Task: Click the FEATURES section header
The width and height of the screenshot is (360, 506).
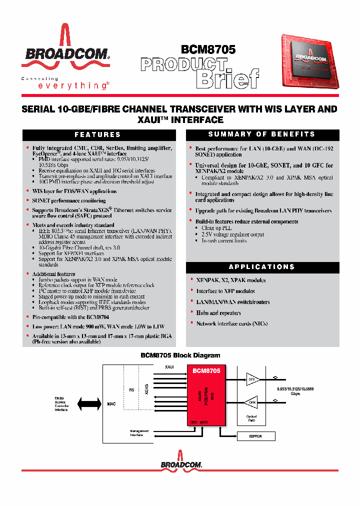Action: (97, 134)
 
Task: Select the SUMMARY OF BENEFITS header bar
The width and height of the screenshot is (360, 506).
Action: (262, 134)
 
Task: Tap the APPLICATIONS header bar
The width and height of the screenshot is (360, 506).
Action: (262, 267)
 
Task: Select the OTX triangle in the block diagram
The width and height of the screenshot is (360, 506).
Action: (251, 379)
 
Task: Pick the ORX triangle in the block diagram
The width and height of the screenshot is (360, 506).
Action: (251, 401)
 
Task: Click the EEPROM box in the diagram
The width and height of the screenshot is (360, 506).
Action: (255, 436)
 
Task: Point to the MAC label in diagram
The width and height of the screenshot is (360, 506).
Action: (111, 403)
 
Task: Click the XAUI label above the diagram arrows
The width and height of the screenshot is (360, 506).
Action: (169, 367)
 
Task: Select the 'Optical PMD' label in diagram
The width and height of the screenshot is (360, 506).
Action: (251, 418)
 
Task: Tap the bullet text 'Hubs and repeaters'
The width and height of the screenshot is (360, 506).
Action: (218, 313)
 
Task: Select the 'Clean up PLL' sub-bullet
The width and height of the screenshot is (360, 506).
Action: (214, 228)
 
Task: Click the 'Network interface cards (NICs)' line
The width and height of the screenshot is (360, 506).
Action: (231, 323)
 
